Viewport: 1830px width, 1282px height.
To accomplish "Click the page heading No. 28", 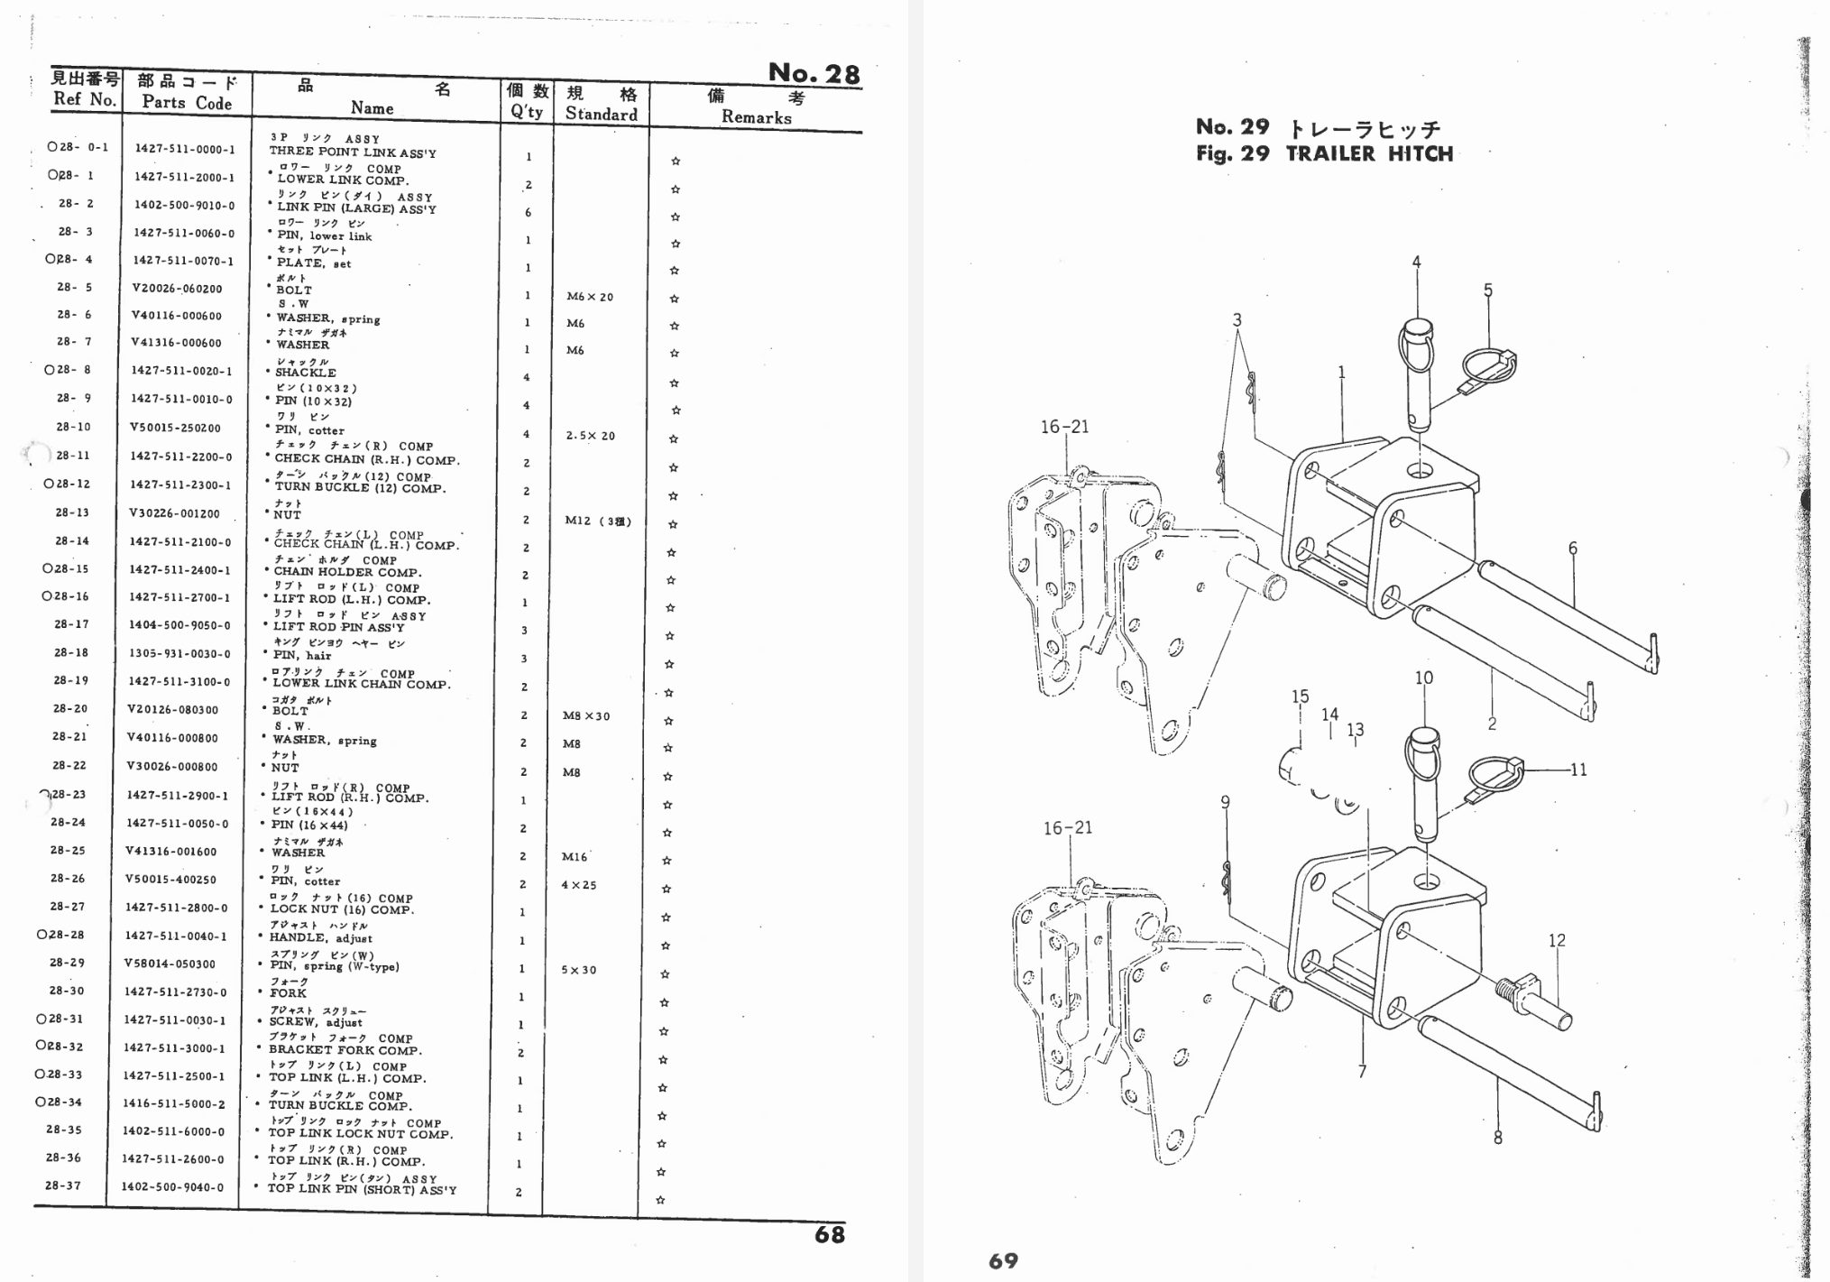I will (814, 72).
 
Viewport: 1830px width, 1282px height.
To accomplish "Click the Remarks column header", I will (756, 117).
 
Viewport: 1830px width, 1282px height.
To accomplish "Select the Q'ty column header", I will (527, 112).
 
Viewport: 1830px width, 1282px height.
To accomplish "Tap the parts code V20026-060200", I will (176, 289).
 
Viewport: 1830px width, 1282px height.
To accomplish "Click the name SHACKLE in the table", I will (306, 373).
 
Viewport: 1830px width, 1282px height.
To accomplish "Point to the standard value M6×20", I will (590, 297).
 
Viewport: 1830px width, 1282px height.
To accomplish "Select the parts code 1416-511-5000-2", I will (175, 1103).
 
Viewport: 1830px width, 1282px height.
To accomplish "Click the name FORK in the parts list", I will (288, 993).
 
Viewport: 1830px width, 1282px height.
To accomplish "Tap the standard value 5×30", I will (579, 970).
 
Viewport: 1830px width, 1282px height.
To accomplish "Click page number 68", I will (829, 1235).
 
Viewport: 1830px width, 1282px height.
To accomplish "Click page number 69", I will (1003, 1260).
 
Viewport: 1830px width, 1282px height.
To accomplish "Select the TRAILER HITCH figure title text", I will (1369, 154).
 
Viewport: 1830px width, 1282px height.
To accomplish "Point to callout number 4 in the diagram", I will (1416, 263).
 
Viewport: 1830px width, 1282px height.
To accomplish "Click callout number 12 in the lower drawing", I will (1557, 940).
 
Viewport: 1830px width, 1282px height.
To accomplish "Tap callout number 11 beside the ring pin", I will (1578, 770).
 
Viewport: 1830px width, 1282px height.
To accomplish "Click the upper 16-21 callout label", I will (1065, 427).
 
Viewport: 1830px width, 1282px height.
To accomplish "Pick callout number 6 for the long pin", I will (1572, 548).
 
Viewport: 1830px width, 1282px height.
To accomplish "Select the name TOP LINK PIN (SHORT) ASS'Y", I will (362, 1189).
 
